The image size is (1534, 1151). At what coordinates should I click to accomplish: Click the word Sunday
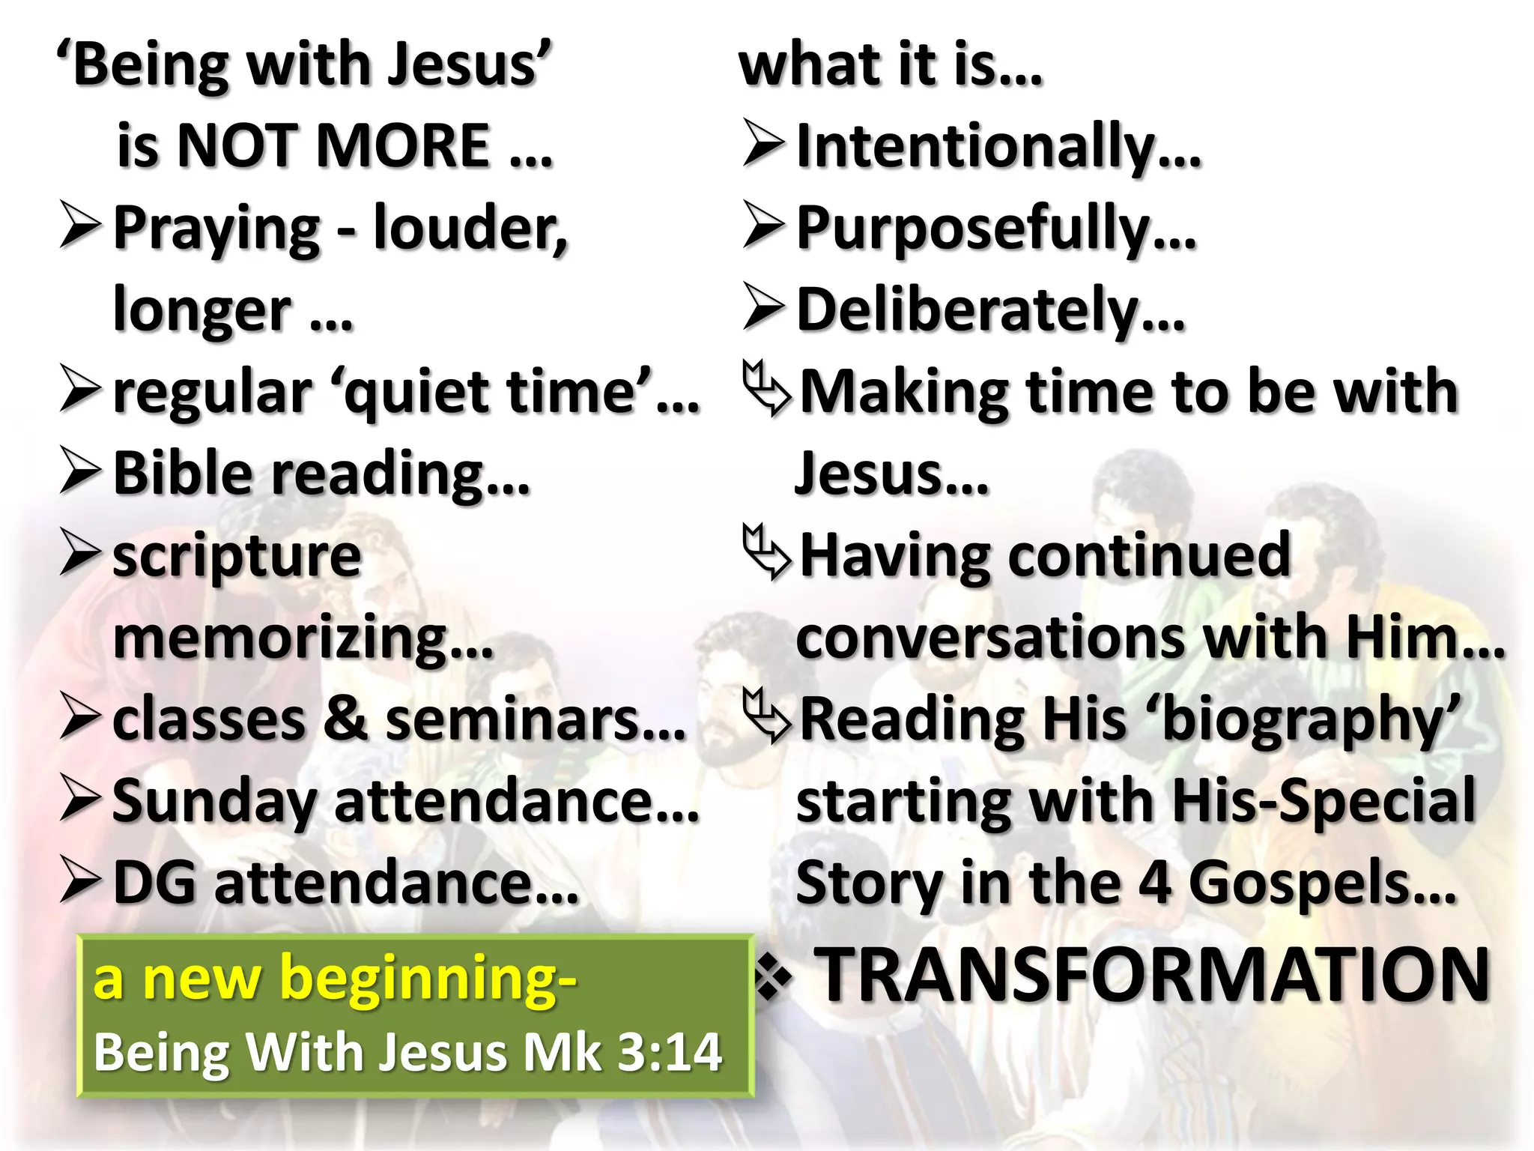coord(214,802)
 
